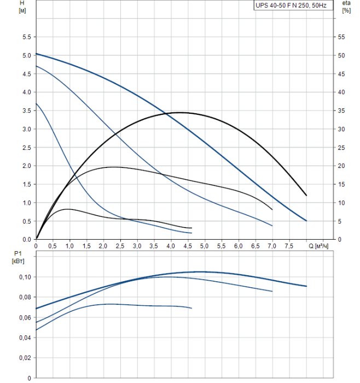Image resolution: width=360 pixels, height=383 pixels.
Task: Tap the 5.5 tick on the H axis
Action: (26, 37)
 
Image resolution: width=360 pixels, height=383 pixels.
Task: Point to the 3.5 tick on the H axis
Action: (26, 111)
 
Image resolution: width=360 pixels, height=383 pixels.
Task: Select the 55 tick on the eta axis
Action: (342, 37)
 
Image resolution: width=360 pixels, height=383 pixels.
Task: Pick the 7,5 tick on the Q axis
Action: (289, 246)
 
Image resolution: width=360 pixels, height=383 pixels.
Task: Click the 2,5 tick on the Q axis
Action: (120, 246)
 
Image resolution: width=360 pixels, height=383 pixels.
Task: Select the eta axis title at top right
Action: (346, 6)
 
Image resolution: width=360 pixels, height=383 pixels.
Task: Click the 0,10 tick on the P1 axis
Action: (24, 277)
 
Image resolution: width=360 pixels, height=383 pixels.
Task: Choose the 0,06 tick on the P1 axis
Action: (24, 317)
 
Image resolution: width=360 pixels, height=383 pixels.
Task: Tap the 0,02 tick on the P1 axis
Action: (24, 358)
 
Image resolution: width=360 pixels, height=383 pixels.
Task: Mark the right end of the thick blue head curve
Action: (306, 220)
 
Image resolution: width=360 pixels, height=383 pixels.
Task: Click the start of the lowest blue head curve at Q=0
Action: (36, 103)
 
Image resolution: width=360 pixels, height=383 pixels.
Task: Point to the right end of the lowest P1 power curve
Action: (192, 308)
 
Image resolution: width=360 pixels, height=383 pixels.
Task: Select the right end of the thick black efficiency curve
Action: (306, 195)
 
